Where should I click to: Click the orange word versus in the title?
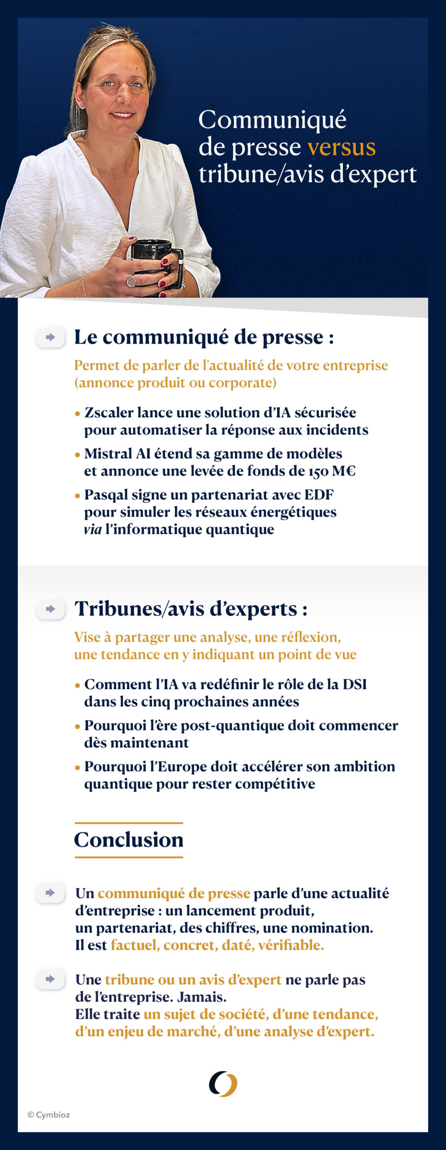pyautogui.click(x=341, y=147)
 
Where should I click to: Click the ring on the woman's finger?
pyautogui.click(x=131, y=281)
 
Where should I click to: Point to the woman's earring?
pyautogui.click(x=82, y=105)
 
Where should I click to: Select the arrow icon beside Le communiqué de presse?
pyautogui.click(x=50, y=337)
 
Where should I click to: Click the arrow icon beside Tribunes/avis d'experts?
pyautogui.click(x=50, y=609)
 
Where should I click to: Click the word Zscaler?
pyautogui.click(x=109, y=412)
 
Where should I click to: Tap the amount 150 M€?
pyautogui.click(x=332, y=471)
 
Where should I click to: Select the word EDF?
pyautogui.click(x=319, y=495)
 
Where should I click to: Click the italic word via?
pyautogui.click(x=92, y=529)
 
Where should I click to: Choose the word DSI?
pyautogui.click(x=354, y=684)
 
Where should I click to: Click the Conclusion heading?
pyautogui.click(x=129, y=840)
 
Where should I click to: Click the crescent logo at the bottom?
pyautogui.click(x=223, y=1084)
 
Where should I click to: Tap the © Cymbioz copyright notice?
pyautogui.click(x=48, y=1115)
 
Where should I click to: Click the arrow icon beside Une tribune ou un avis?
pyautogui.click(x=50, y=979)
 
